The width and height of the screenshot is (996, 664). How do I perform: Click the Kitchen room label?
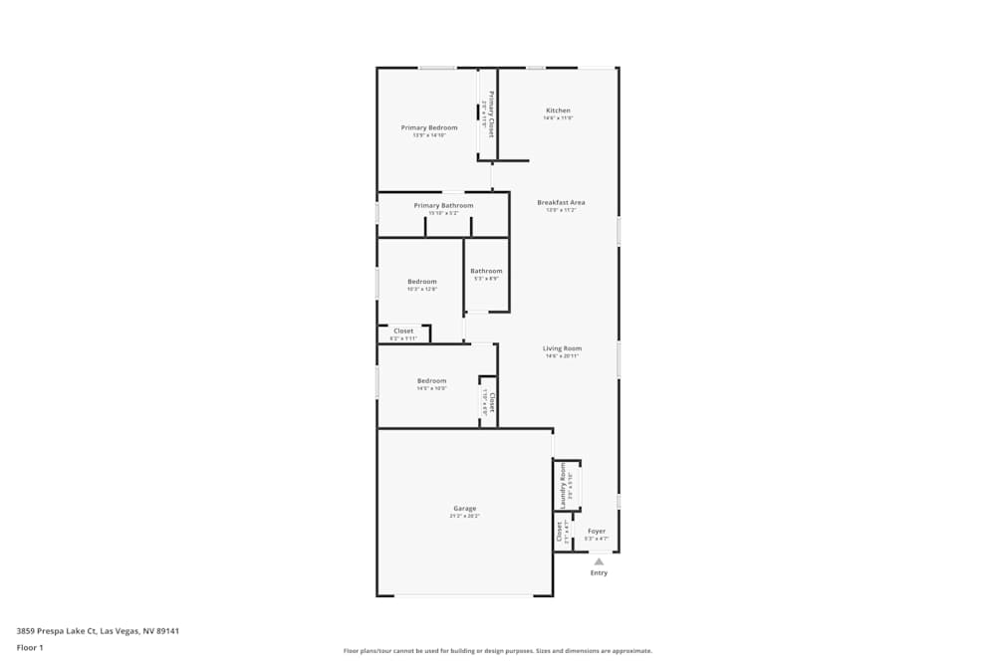(558, 111)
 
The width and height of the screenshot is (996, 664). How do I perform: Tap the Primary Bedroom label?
(429, 127)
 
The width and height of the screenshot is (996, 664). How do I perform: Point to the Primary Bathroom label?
(443, 205)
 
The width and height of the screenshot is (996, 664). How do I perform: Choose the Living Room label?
(562, 348)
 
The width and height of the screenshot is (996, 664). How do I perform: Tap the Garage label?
(464, 509)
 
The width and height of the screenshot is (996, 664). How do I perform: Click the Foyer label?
(596, 531)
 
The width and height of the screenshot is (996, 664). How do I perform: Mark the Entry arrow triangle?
(599, 561)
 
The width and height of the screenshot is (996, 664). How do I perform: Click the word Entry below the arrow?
(599, 572)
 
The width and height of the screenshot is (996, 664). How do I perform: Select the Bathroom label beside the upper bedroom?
(486, 271)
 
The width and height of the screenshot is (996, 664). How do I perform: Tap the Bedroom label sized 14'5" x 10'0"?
(431, 381)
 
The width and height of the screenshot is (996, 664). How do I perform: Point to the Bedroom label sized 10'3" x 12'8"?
(422, 282)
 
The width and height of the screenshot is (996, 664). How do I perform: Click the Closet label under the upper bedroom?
(403, 331)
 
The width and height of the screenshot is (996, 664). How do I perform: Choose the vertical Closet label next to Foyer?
(560, 533)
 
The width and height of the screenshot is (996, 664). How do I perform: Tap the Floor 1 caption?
(30, 647)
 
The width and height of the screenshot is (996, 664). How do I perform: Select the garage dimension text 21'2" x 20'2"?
(464, 516)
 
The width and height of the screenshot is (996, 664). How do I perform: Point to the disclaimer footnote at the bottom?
(498, 651)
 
